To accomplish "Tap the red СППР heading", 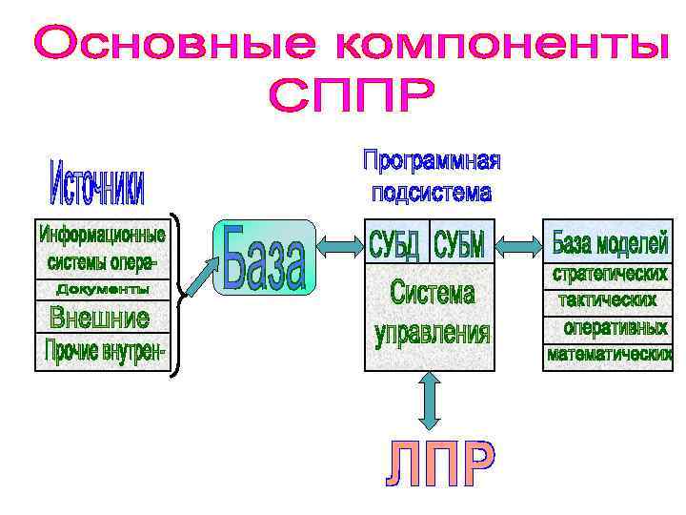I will tap(353, 96).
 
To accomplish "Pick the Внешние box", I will tap(99, 316).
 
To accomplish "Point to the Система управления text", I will tap(432, 314).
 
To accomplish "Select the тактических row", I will tap(608, 300).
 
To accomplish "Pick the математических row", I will tap(609, 355).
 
